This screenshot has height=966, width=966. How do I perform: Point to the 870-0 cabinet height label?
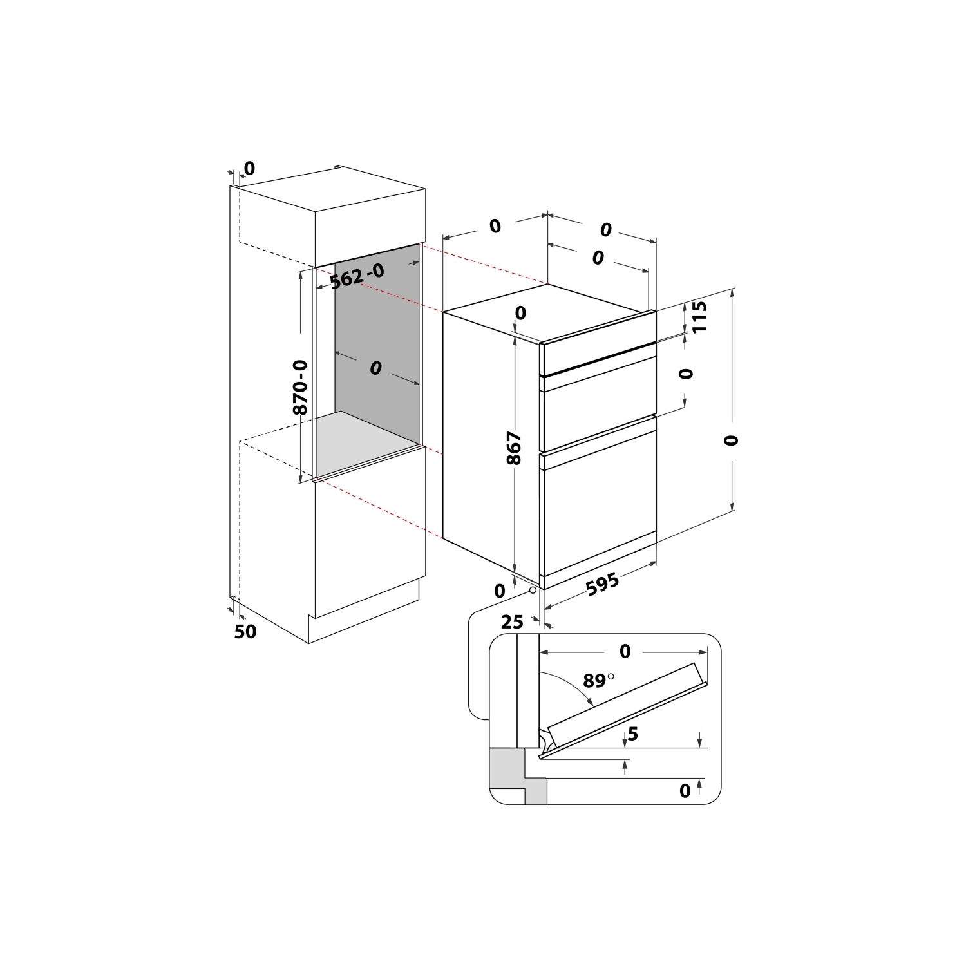click(x=300, y=387)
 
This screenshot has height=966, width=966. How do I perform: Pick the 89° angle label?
click(x=598, y=680)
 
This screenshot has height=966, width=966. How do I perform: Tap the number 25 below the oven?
click(x=512, y=621)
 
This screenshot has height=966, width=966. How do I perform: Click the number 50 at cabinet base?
click(x=245, y=632)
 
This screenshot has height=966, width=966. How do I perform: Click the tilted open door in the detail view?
click(x=626, y=708)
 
